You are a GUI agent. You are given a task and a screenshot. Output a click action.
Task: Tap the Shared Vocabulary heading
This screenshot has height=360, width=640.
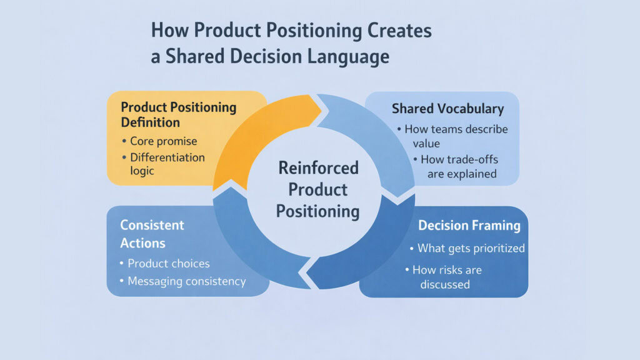coord(447,109)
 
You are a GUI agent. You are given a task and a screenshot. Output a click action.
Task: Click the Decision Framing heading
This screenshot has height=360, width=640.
coord(469,226)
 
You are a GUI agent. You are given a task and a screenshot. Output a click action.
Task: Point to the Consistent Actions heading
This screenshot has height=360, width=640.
coord(152,232)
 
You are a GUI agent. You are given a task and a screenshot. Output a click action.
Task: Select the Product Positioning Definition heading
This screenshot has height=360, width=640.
coord(178,114)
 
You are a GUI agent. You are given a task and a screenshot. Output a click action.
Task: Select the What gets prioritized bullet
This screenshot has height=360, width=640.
coord(470,248)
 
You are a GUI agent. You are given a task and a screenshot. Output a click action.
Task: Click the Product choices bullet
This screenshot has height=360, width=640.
coord(168,263)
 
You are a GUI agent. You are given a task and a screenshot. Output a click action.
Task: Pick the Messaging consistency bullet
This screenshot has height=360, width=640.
coord(186,281)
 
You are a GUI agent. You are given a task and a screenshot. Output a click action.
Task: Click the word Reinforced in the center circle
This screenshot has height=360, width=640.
coord(318,168)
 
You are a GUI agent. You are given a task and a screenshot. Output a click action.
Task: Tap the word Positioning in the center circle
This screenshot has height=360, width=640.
coord(318,211)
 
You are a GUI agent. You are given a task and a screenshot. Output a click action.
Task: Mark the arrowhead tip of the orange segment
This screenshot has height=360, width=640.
coord(320,110)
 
